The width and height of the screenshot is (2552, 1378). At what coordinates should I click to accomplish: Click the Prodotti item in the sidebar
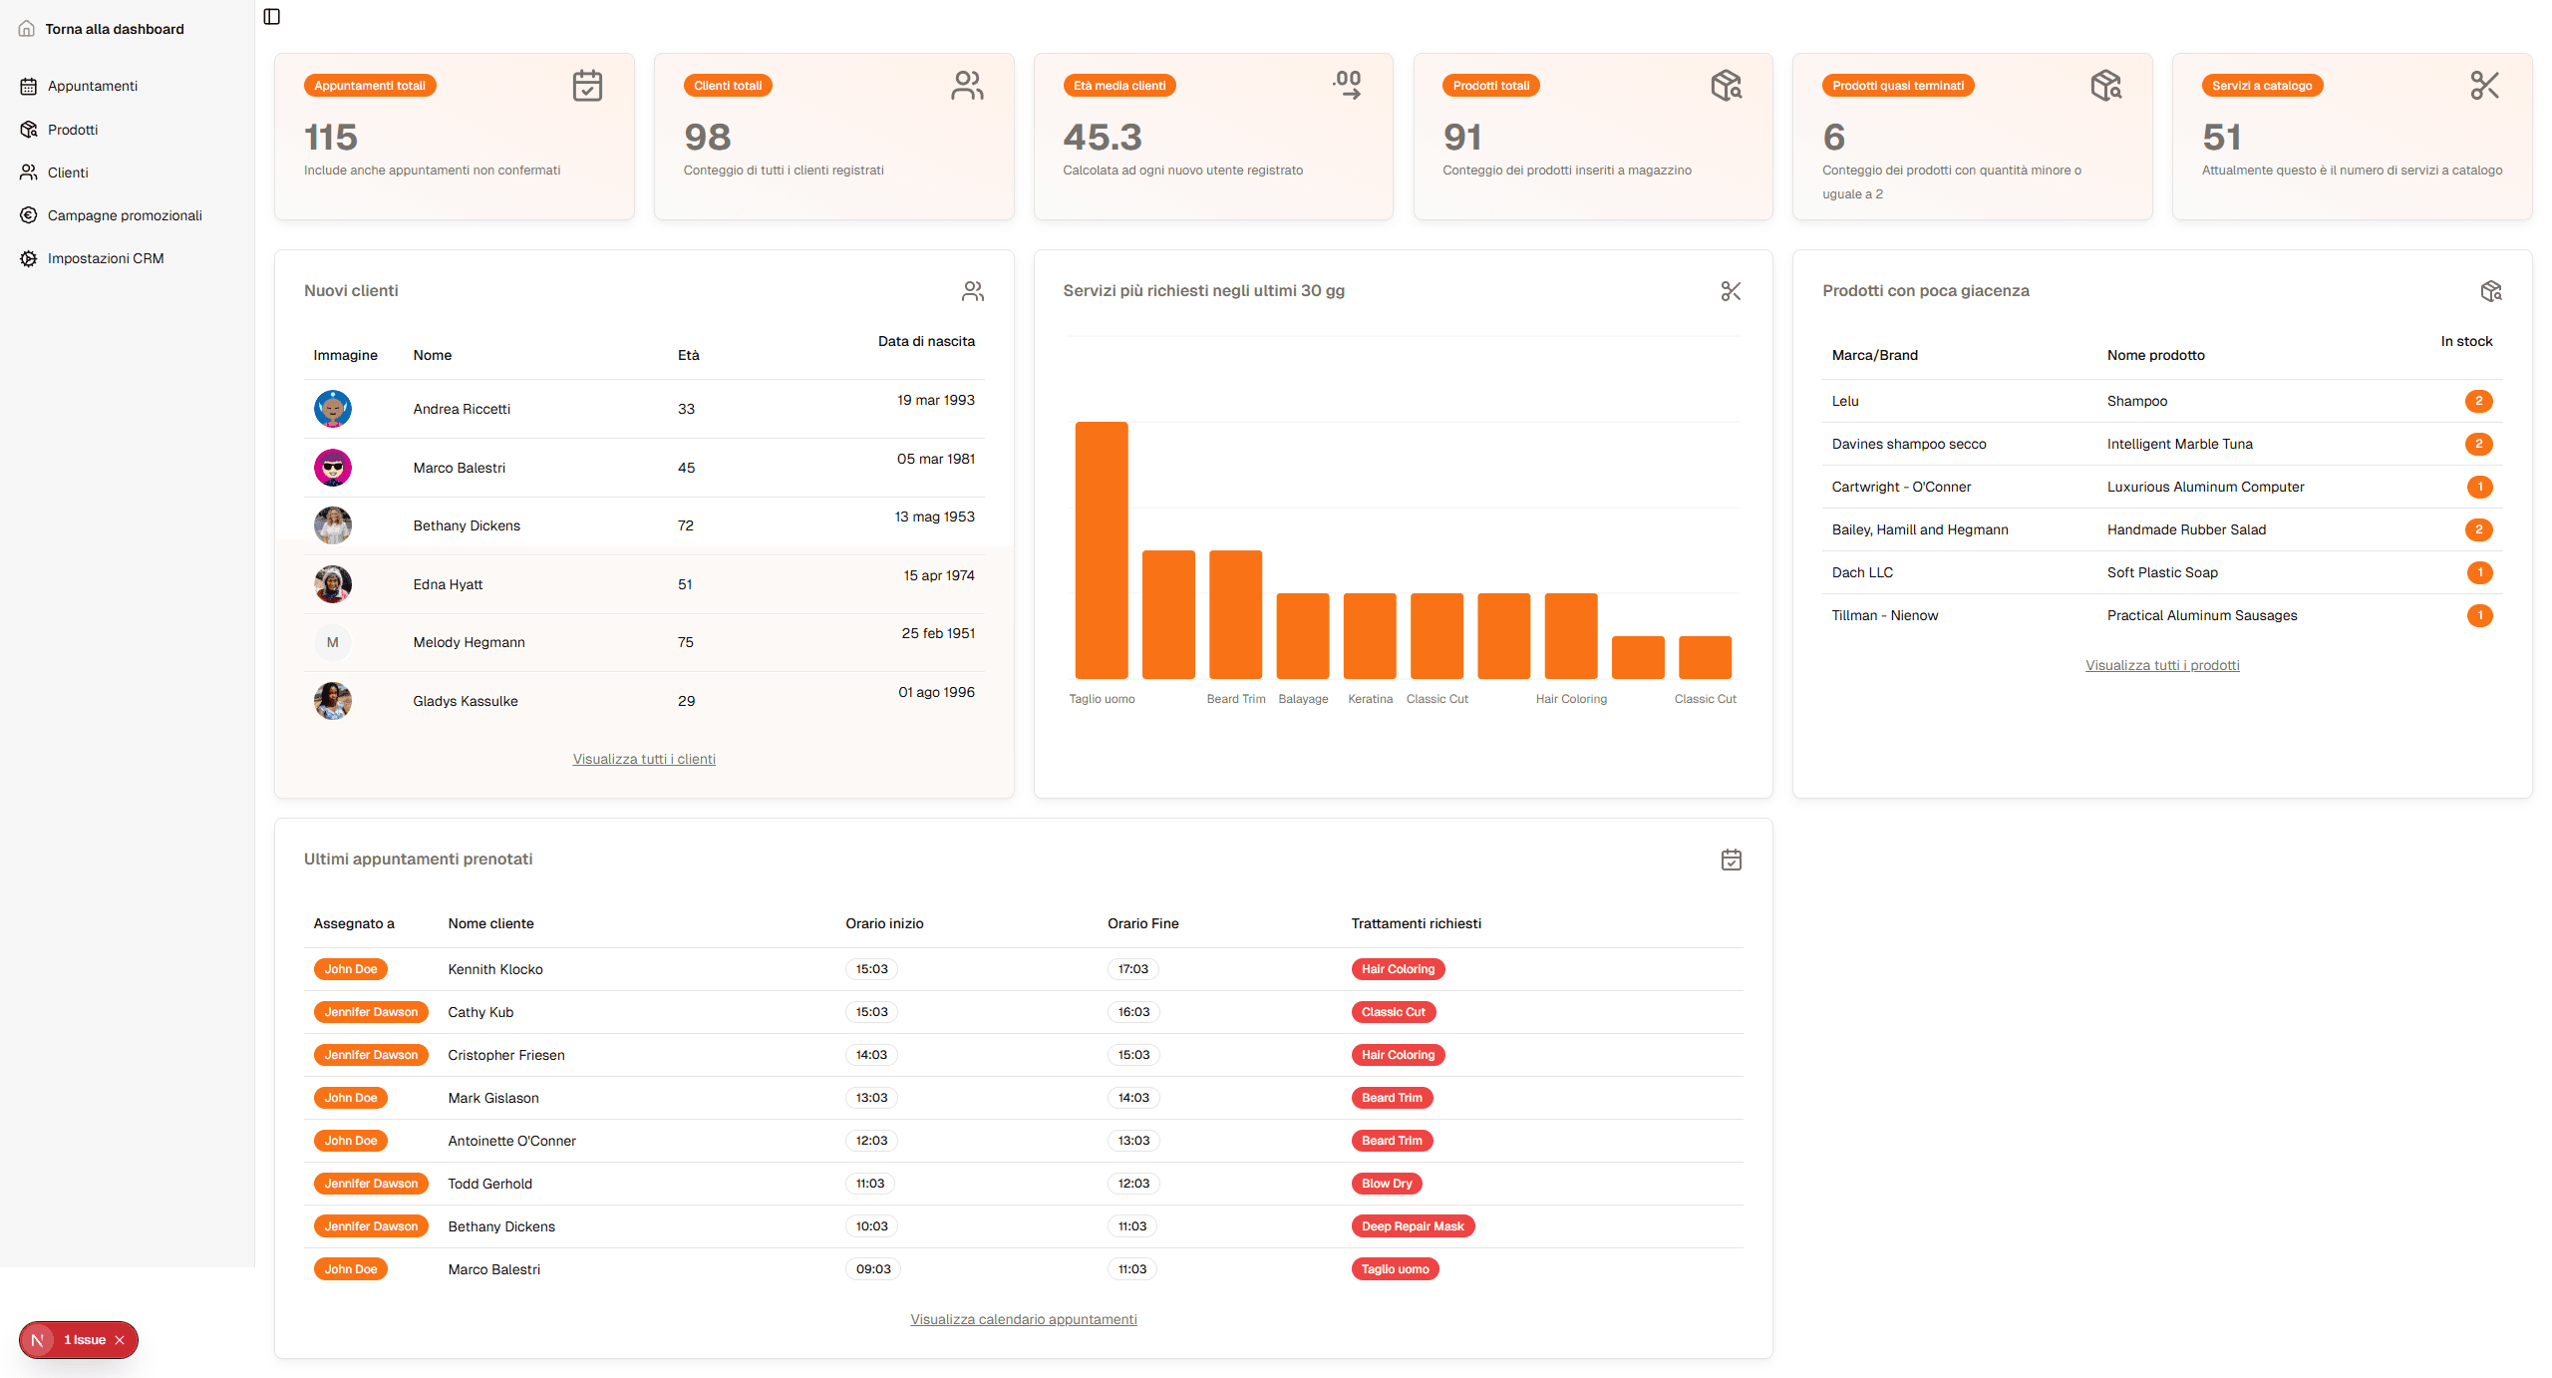point(72,130)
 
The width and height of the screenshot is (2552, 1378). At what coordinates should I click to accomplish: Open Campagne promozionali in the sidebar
point(124,215)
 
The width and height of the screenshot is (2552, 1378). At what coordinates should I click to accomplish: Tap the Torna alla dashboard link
point(114,29)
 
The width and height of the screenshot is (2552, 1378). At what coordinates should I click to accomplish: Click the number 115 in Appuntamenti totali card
point(330,137)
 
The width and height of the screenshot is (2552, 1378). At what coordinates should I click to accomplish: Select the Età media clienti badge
point(1118,86)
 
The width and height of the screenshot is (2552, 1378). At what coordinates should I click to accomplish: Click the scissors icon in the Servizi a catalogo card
point(2483,86)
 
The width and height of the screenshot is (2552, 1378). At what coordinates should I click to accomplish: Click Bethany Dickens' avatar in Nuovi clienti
point(332,525)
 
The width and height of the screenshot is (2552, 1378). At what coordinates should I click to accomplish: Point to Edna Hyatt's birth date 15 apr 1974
point(938,575)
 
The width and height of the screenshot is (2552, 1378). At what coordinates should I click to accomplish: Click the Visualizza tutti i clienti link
point(644,759)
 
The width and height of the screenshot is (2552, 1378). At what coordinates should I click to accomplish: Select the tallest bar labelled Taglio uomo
point(1101,549)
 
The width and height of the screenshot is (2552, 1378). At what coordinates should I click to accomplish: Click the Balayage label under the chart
point(1303,699)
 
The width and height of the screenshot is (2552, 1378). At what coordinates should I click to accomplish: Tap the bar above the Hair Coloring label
point(1570,635)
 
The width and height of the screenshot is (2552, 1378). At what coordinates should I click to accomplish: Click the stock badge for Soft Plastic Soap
point(2479,572)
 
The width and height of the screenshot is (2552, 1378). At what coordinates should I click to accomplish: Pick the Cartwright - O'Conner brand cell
point(1900,487)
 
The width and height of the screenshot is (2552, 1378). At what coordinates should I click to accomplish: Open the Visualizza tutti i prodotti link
point(2161,665)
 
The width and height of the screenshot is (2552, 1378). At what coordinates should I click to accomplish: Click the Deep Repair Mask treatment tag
point(1412,1226)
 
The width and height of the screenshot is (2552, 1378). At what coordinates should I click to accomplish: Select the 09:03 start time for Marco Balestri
point(872,1269)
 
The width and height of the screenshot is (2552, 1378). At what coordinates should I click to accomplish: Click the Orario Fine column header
point(1142,923)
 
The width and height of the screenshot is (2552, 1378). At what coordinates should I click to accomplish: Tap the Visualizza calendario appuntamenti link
point(1023,1319)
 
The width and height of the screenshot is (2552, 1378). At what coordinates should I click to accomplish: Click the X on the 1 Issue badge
point(120,1340)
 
